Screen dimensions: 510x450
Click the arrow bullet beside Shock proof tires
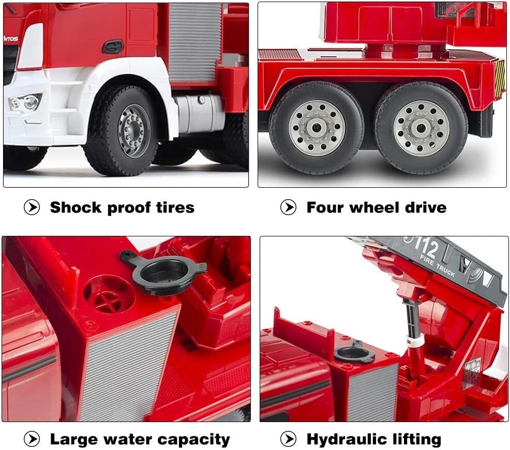click(32, 207)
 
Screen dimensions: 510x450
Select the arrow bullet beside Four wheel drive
click(288, 207)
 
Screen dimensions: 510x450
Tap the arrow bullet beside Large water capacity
click(32, 439)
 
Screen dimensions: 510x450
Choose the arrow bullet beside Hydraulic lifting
click(288, 439)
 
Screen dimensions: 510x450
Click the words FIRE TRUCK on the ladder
click(438, 266)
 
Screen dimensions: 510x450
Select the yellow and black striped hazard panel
click(500, 79)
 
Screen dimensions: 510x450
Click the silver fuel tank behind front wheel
click(199, 114)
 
